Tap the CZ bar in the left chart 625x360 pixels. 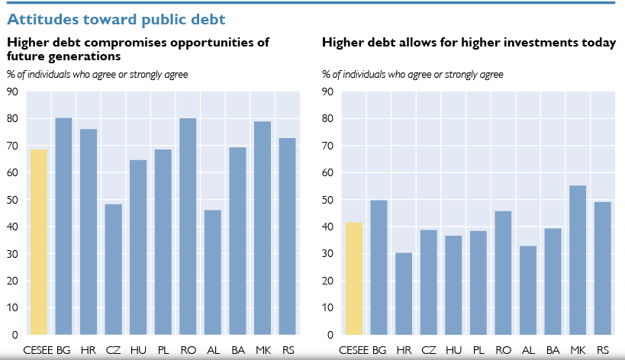pos(113,269)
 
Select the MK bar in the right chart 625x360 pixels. pos(578,260)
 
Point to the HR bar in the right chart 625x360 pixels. pos(404,294)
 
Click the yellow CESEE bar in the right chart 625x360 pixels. pos(354,278)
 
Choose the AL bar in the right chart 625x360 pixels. pos(528,290)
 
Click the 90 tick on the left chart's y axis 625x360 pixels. pos(13,92)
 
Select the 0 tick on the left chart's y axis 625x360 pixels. pos(16,335)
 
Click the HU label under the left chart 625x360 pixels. pos(138,349)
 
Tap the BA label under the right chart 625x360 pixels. pos(553,349)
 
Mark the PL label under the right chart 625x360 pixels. pos(478,349)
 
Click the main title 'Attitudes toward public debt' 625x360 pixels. pos(116,17)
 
